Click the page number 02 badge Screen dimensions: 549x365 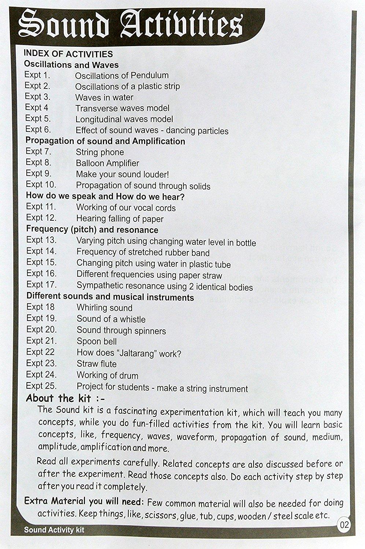tap(344, 525)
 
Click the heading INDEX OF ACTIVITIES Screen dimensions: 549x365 tap(68, 54)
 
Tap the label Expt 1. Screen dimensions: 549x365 tap(37, 75)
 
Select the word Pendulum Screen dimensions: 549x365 tap(150, 75)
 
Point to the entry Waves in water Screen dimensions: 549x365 tap(104, 97)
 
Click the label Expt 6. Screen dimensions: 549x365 tap(38, 130)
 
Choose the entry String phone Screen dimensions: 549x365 tap(100, 152)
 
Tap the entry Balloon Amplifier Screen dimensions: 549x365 tap(107, 163)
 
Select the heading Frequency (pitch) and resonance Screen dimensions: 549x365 tap(92, 230)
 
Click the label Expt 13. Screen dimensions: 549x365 tap(41, 240)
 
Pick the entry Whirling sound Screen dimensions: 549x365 tap(104, 308)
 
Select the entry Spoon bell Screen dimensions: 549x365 tap(96, 341)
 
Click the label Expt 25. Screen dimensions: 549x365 tap(41, 386)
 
